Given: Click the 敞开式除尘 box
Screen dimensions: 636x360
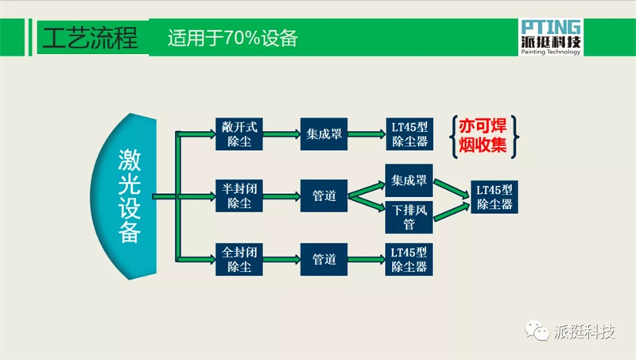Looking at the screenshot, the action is tap(239, 134).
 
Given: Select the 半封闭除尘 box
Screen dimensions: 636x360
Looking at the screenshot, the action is tap(239, 195).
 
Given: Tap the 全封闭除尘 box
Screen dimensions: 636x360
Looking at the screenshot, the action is tap(239, 259).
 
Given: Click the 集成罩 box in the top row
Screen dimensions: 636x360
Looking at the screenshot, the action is tap(324, 134).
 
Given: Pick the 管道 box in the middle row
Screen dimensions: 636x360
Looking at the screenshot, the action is tap(324, 195).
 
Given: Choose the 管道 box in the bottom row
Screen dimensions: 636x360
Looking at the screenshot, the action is tap(324, 259).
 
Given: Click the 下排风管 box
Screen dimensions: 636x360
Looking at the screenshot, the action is tap(409, 217).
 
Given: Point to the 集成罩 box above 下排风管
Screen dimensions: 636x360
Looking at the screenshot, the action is tap(409, 180).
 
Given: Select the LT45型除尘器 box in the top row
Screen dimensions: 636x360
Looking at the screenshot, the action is tap(409, 134).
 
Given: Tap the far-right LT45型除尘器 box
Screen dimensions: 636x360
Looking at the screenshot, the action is tap(494, 197).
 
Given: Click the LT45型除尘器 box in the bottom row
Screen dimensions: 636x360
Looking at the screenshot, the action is tap(409, 259).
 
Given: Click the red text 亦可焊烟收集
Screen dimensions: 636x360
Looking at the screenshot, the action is tap(483, 136).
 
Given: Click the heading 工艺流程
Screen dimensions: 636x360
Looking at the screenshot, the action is tap(90, 38).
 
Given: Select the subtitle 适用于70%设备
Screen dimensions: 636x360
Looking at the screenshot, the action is tap(232, 38).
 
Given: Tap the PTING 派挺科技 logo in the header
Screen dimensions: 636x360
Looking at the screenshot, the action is tap(551, 37).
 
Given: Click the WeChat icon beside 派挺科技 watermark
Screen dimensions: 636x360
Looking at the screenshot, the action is tap(537, 331).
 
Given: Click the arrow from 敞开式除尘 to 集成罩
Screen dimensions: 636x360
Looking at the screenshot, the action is tap(281, 134).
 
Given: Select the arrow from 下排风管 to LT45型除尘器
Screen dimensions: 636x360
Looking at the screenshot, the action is tap(452, 212).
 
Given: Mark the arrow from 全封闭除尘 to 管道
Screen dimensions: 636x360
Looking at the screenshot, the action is tap(281, 259).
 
